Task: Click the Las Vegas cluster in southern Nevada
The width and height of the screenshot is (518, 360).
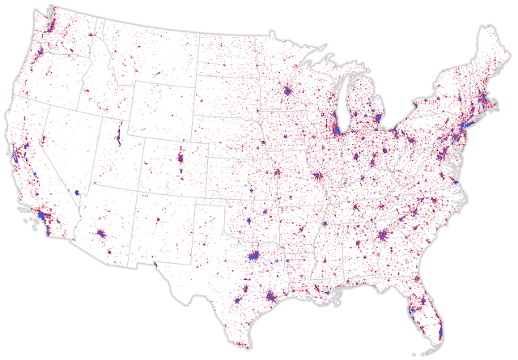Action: (x=78, y=194)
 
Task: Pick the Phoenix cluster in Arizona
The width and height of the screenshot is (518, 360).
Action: (x=102, y=235)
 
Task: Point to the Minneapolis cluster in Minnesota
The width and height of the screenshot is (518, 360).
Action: (x=287, y=95)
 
